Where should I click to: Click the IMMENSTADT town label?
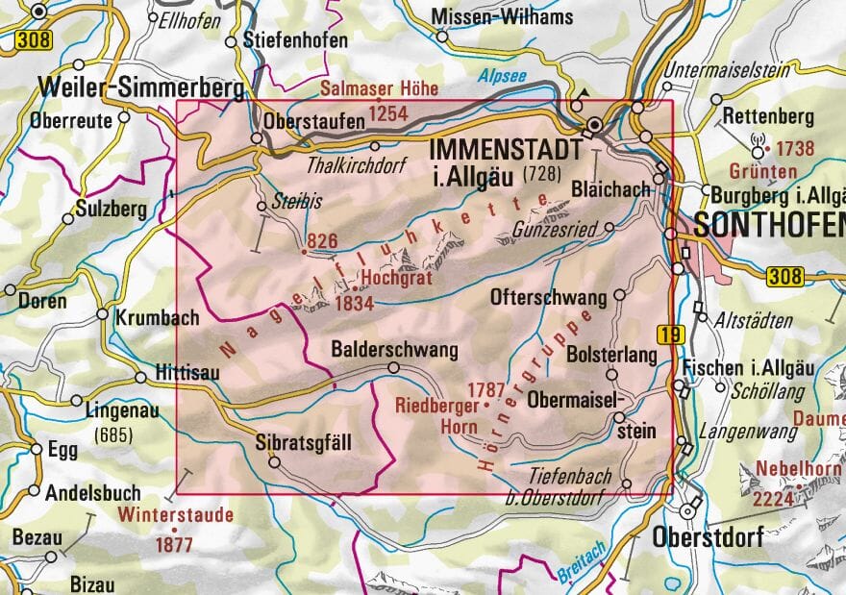coord(506,150)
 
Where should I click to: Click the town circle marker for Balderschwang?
coord(393,367)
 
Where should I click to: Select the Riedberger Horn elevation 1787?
coord(485,389)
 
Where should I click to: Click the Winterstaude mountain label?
coord(176,514)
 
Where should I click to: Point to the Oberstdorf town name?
coord(707,537)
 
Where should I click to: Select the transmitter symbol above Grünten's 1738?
coord(756,150)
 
